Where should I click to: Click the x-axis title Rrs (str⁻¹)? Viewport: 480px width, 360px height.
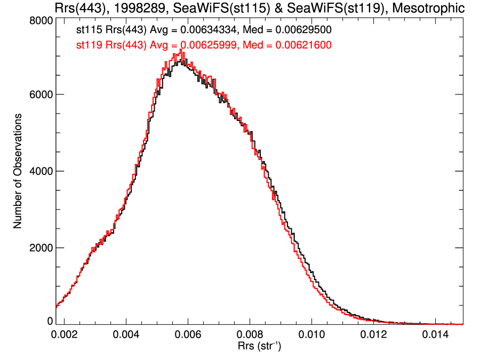[x=259, y=347]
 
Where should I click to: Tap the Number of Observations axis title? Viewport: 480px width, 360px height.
[x=18, y=171]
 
